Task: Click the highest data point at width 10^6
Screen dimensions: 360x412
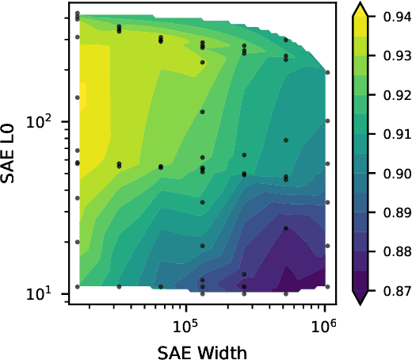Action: (327, 73)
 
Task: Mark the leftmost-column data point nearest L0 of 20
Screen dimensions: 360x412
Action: (78, 242)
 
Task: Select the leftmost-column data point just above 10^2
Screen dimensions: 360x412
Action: (78, 98)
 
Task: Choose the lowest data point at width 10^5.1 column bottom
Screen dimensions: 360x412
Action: (202, 293)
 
